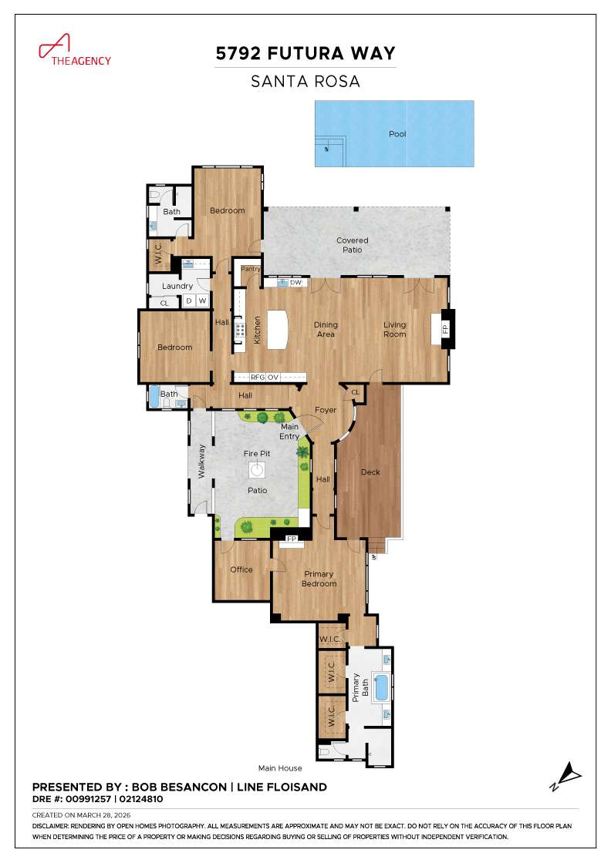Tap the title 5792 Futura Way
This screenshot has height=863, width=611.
click(305, 53)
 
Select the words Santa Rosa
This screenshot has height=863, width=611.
click(305, 81)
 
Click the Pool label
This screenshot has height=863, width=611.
click(397, 134)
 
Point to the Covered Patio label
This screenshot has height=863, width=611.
click(352, 245)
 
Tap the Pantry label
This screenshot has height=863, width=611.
click(251, 269)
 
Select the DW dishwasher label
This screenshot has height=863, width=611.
click(295, 283)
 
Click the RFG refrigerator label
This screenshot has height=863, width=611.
click(257, 378)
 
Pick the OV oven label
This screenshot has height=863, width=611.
click(272, 378)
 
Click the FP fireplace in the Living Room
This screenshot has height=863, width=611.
click(445, 328)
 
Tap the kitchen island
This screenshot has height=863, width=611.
click(276, 329)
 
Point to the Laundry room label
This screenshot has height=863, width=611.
click(178, 287)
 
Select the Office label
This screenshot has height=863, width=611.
click(241, 569)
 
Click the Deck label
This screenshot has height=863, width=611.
click(370, 472)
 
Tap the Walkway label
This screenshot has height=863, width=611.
click(202, 461)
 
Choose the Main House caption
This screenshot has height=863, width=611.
click(280, 768)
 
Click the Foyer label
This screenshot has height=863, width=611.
click(326, 410)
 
